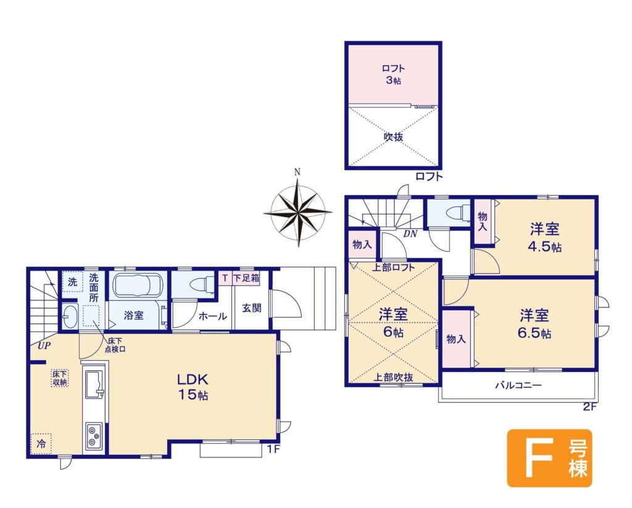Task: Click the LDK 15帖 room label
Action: coord(193,386)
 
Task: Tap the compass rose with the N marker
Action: coord(298,210)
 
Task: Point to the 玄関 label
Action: coord(252,308)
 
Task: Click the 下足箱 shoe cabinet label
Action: coord(246,278)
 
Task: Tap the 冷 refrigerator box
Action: coord(41,444)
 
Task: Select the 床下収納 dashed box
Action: coord(60,378)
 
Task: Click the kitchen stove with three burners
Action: coord(94,436)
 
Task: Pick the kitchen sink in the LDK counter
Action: coord(94,384)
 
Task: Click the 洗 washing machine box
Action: coord(73,282)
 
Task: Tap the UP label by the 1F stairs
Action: coord(44,346)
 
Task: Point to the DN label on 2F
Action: coord(410,234)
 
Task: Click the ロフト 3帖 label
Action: coord(393,74)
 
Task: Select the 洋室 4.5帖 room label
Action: coord(544,238)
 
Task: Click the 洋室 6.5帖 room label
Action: coord(534,324)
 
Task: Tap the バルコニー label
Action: coord(518,385)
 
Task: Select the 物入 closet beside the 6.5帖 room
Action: coord(457,339)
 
